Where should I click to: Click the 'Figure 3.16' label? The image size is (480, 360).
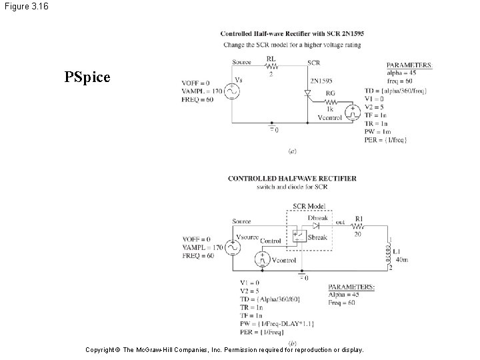click(x=24, y=7)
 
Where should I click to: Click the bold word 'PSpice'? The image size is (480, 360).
click(x=87, y=77)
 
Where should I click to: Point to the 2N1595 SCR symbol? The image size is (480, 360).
click(x=308, y=95)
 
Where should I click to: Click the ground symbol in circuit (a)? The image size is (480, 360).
click(x=271, y=126)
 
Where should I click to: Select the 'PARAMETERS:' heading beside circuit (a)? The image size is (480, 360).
click(x=409, y=65)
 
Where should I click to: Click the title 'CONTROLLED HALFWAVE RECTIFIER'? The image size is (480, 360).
click(x=292, y=179)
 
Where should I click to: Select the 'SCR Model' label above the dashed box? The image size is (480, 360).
click(x=308, y=206)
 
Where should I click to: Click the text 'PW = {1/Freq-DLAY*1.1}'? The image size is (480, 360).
click(x=277, y=323)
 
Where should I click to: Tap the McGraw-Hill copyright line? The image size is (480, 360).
click(x=226, y=349)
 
